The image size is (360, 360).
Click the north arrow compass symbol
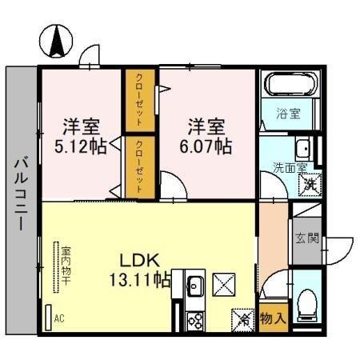(x=58, y=42)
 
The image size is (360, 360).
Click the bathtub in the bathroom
(x=290, y=86)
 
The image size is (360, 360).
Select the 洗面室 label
(x=289, y=168)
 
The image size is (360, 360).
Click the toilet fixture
(x=306, y=303)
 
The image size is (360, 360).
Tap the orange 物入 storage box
(x=273, y=318)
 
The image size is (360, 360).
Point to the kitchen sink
(x=194, y=283)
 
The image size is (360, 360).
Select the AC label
(x=58, y=318)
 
